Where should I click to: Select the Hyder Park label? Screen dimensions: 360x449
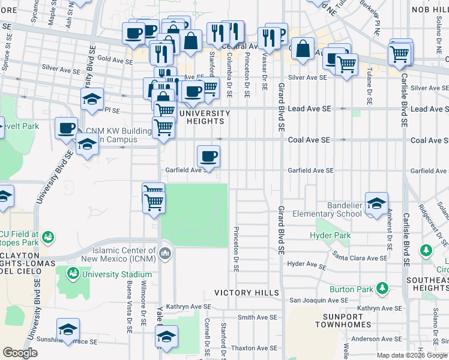tap(330, 236)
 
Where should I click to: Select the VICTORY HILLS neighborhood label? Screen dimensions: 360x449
tap(247, 293)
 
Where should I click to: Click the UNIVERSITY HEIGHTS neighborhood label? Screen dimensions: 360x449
tap(204, 117)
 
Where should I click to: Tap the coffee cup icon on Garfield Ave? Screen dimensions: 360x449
tap(208, 156)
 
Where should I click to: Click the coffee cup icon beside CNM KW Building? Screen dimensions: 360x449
tap(66, 127)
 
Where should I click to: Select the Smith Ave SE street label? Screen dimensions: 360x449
tap(257, 317)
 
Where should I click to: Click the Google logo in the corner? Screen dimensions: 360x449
tap(20, 353)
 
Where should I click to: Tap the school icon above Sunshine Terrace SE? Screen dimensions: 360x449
tap(68, 329)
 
